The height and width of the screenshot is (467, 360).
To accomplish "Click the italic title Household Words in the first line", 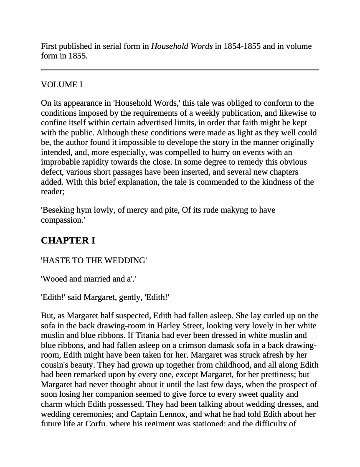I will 182,46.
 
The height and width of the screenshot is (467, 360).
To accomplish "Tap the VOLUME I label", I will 62,85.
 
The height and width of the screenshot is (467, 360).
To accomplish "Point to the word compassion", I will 62,220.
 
